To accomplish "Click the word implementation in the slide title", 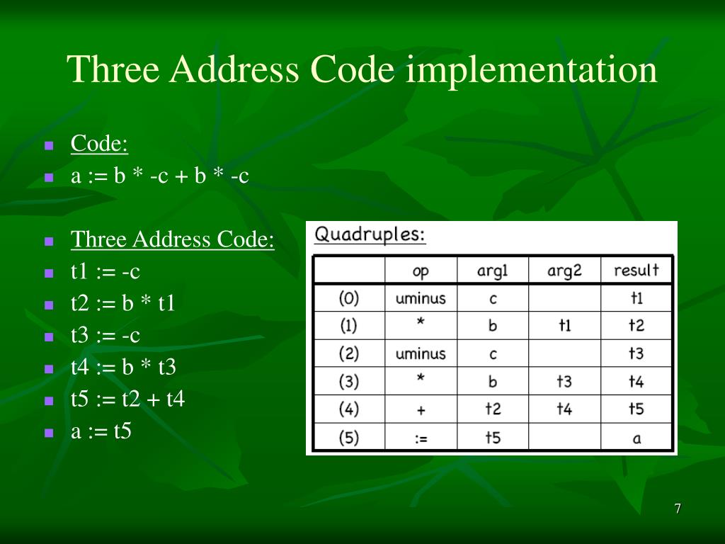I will (532, 71).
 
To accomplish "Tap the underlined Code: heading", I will (99, 144).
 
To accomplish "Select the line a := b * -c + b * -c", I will (160, 176).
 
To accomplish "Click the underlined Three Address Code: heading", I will (172, 239).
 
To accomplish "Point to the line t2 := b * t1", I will (122, 303).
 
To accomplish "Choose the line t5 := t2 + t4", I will (127, 399).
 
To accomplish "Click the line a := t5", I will (101, 431).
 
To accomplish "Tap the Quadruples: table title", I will (370, 234).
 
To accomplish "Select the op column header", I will (421, 270).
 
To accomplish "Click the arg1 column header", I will (493, 270).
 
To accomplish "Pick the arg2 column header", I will (564, 270).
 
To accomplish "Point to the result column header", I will (636, 270).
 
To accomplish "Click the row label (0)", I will (349, 298).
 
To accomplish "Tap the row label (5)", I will (349, 438).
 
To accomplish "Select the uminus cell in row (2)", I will (421, 353).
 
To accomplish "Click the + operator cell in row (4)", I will (421, 409).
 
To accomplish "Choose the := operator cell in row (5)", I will (421, 438).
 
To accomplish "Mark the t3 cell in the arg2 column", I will (564, 382).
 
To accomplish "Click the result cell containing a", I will (636, 438).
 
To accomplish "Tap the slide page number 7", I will (678, 509).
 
